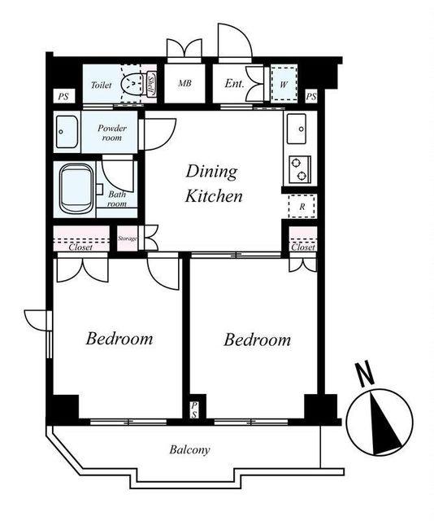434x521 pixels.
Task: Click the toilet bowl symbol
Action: coord(132,82)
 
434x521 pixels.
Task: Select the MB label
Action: coord(184,83)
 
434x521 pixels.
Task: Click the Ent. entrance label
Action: coord(234,83)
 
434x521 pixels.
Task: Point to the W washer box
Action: coord(283,84)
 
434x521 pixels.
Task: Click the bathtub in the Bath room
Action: coord(76,189)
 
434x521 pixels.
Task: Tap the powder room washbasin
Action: coord(67,132)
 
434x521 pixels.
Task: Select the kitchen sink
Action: coord(297,129)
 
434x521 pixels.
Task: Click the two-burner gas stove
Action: coord(300,169)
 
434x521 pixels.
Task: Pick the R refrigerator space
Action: coord(302,206)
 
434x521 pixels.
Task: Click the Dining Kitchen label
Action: coord(214,183)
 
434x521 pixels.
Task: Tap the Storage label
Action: coord(128,239)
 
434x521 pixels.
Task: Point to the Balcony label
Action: coord(189,450)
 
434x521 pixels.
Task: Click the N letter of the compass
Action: coord(364,374)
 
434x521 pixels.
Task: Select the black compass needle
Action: coord(384,422)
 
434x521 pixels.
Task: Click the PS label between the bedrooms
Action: coord(194,409)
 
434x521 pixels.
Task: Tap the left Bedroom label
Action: coord(119,339)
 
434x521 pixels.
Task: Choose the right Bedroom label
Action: coord(257,339)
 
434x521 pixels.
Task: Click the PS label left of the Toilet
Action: coord(63,97)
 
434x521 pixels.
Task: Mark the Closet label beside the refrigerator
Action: coord(303,247)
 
